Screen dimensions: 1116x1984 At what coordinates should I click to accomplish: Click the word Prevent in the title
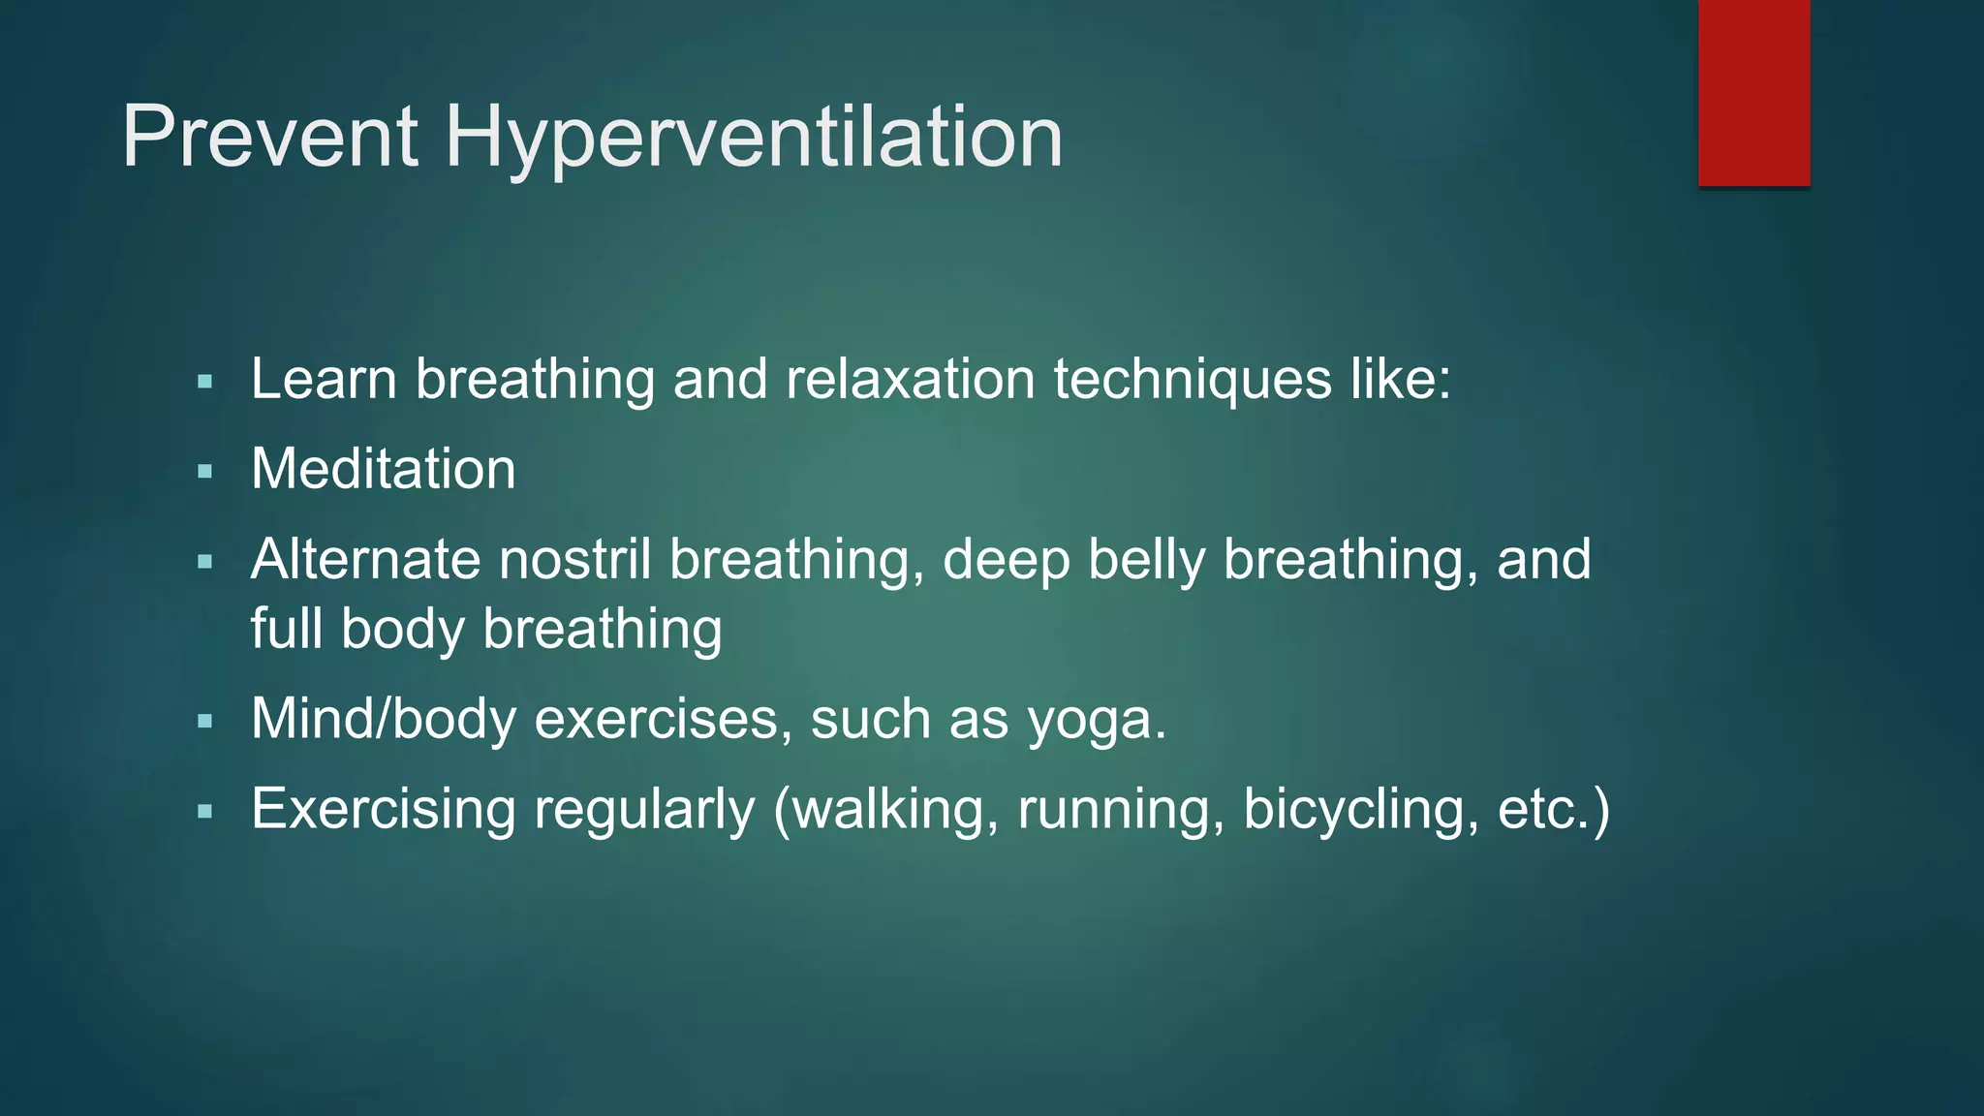270,137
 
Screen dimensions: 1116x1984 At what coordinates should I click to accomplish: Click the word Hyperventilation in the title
754,139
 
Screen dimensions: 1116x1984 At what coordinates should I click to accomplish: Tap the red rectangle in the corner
1753,93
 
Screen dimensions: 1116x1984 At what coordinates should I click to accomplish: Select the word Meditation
384,469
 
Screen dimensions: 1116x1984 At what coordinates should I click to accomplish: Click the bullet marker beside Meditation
204,473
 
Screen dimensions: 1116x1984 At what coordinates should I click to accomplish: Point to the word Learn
324,379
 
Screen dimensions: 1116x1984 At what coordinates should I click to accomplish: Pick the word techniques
1193,379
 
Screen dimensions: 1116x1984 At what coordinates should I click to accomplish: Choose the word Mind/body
384,720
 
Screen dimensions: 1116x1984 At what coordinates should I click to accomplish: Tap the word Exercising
383,809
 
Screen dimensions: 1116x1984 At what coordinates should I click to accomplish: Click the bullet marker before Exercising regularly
204,812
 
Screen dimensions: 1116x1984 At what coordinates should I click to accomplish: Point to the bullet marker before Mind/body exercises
204,722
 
